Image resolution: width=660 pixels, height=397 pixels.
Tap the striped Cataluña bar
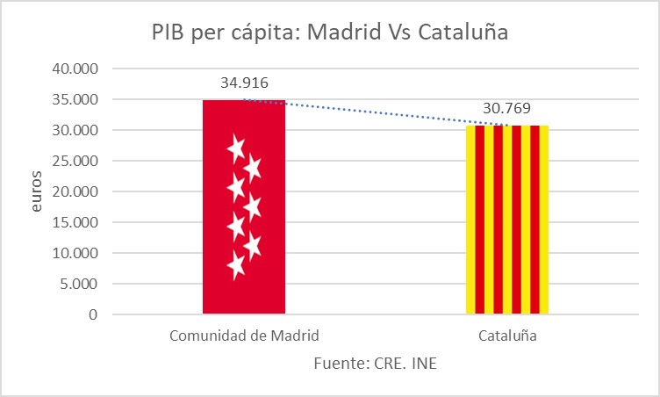(506, 220)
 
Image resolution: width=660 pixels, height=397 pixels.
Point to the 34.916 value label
(244, 83)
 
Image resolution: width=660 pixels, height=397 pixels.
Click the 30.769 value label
(506, 109)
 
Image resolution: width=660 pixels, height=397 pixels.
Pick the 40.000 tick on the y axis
(76, 69)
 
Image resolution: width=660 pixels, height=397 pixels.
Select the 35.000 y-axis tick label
(76, 99)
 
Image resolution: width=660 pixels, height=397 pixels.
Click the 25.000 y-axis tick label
(76, 161)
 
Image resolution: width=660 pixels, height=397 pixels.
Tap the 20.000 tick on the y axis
(76, 191)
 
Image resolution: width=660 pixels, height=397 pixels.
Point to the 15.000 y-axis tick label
(76, 222)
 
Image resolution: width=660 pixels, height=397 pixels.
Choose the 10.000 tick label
(76, 253)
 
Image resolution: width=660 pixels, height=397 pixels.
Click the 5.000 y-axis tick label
(80, 284)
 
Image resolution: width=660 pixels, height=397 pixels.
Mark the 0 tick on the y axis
(93, 314)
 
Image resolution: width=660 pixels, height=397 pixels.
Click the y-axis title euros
(36, 191)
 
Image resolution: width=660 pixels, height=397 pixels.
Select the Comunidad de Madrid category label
(243, 336)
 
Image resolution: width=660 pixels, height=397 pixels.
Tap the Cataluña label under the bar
(507, 336)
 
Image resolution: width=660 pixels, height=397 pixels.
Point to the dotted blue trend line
(377, 112)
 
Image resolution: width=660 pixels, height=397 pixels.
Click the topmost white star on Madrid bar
(235, 148)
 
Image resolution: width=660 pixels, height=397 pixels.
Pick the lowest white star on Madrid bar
(235, 264)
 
